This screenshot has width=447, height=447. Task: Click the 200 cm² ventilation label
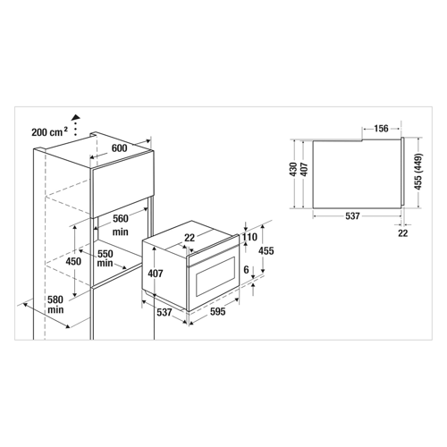point(50,131)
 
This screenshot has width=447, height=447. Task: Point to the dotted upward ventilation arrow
point(76,125)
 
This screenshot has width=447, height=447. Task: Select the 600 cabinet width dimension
point(119,148)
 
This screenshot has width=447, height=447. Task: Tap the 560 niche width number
point(121,218)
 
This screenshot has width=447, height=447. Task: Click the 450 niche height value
point(73,261)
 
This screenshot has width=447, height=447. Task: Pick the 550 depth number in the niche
point(105,254)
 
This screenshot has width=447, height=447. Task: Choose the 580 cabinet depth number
point(55,299)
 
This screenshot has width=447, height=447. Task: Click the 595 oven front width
point(218,311)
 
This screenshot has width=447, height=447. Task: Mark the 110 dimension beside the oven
point(249,237)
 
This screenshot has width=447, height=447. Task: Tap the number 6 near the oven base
point(246,270)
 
